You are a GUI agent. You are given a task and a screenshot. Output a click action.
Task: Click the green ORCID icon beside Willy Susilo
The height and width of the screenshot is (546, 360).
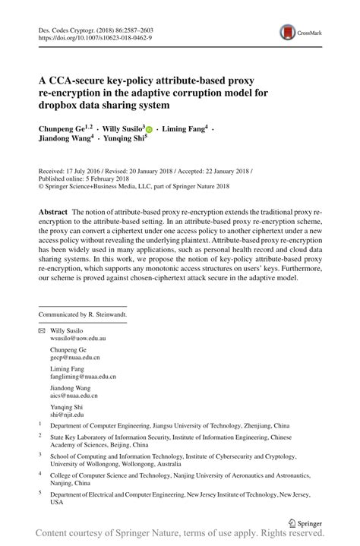click(149, 131)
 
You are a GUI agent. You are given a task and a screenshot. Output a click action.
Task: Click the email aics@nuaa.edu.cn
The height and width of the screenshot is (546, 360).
click(74, 395)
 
